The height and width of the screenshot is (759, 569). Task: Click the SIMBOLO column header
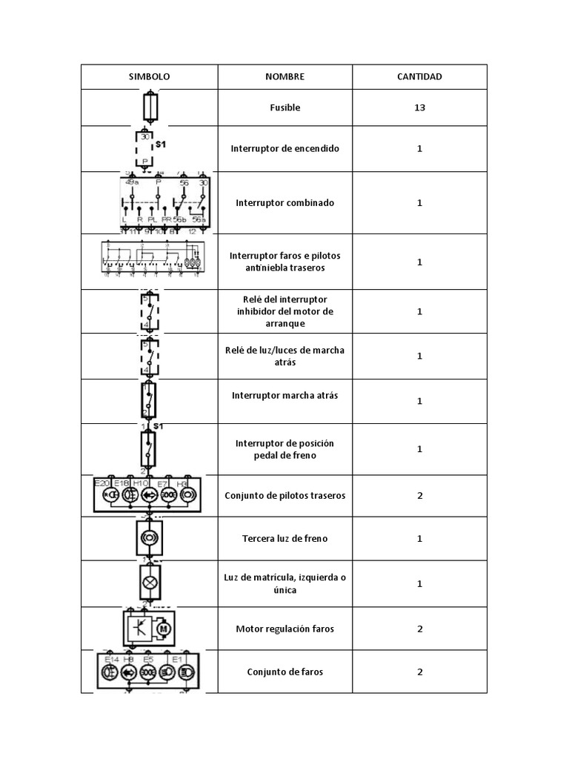click(149, 77)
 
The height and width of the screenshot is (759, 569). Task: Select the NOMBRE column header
click(284, 77)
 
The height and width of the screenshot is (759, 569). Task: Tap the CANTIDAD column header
click(419, 77)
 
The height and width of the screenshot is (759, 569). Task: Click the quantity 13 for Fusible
click(419, 107)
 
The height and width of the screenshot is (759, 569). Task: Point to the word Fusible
click(284, 107)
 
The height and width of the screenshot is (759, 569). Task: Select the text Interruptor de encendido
click(284, 148)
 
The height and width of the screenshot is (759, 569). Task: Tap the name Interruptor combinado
click(284, 202)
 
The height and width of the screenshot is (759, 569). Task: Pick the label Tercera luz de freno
click(284, 538)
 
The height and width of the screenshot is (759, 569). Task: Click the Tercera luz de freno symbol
click(149, 537)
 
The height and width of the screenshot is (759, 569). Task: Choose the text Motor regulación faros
click(284, 629)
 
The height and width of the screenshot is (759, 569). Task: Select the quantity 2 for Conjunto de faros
click(419, 672)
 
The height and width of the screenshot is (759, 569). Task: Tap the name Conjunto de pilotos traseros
click(284, 495)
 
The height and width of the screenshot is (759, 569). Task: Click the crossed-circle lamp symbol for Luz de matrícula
click(149, 583)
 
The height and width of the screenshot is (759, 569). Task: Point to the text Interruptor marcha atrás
click(284, 395)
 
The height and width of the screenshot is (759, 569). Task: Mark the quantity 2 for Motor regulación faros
click(419, 629)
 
